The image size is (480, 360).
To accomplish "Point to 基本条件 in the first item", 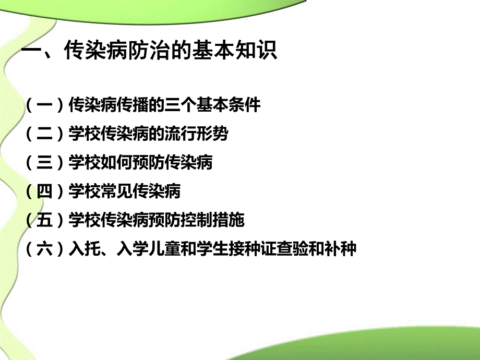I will (x=229, y=105).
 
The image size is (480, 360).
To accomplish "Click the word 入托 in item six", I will (x=84, y=249).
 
